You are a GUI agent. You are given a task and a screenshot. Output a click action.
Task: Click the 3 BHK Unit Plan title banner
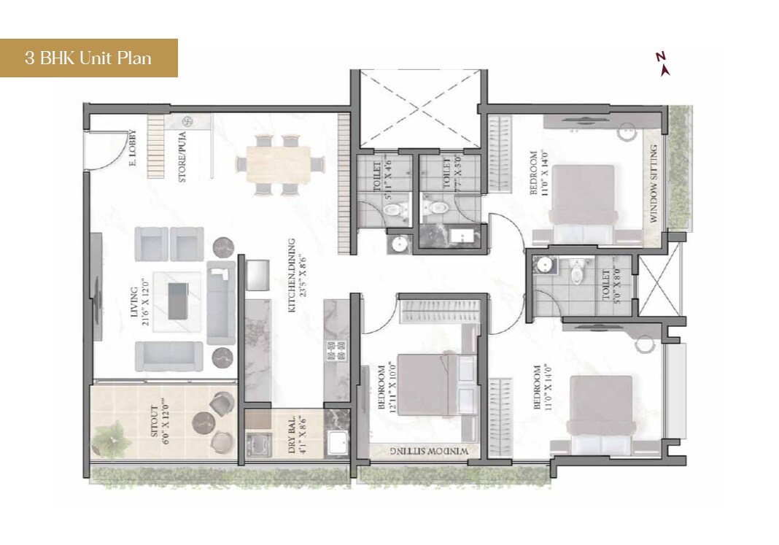[88, 58]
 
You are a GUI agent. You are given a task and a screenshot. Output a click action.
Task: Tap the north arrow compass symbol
[663, 64]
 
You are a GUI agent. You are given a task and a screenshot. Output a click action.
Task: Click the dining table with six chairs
[278, 165]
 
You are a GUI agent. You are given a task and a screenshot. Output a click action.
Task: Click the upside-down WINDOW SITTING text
[424, 452]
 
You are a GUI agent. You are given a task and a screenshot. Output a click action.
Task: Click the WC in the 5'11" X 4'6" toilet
[392, 211]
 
